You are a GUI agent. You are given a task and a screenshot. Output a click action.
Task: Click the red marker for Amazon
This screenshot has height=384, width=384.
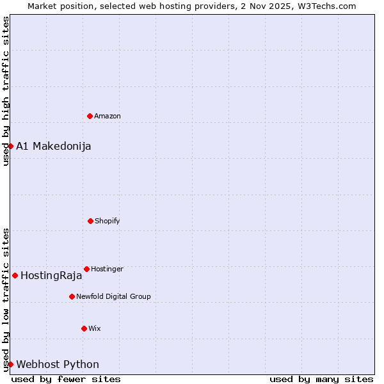[x=90, y=116]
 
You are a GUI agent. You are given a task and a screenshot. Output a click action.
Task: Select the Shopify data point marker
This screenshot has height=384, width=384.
[x=90, y=221]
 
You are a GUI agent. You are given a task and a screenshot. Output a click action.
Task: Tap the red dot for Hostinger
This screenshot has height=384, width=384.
[x=86, y=269]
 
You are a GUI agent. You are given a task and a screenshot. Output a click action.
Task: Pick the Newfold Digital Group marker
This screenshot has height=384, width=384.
[x=72, y=296]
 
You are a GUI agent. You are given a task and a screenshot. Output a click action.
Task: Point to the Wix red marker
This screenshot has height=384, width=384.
[x=84, y=328]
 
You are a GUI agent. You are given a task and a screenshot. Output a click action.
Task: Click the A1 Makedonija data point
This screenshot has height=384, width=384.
[x=10, y=146]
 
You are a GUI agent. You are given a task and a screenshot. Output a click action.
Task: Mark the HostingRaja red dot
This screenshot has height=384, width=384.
[x=15, y=275]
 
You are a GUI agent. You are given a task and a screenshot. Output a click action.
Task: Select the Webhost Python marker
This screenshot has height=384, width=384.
[x=10, y=364]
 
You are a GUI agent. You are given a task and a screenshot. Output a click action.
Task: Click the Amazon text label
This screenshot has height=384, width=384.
[x=108, y=116]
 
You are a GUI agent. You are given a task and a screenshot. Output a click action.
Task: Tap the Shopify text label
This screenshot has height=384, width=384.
[x=108, y=221]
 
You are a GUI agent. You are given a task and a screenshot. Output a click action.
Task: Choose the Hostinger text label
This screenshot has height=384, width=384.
[x=107, y=269]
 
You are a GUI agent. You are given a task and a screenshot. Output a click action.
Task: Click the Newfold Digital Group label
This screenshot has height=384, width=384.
[x=113, y=296]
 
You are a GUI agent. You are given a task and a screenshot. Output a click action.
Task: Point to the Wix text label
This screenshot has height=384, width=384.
[x=95, y=328]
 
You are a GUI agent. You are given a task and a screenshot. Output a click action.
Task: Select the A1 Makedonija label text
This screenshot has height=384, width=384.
[x=54, y=146]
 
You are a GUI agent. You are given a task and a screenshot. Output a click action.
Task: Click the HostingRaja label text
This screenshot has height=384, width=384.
[x=51, y=276]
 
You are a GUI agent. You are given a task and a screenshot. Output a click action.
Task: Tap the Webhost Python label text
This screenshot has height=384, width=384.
[x=58, y=364]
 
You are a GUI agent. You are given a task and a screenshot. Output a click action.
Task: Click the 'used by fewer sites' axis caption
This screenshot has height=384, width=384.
[x=66, y=379]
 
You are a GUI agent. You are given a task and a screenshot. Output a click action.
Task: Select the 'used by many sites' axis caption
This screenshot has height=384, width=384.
[x=321, y=379]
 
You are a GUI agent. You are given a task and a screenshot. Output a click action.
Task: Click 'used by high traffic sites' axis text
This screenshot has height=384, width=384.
[x=6, y=91]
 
